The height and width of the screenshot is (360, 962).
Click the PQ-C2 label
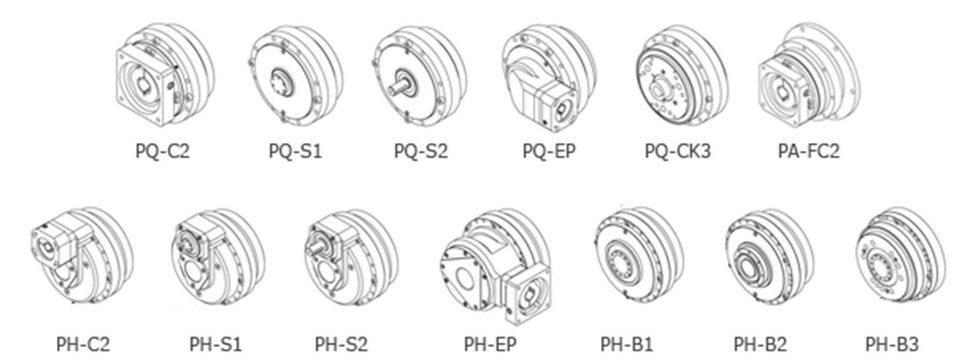pyautogui.click(x=162, y=152)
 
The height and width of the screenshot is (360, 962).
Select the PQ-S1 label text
pyautogui.click(x=295, y=152)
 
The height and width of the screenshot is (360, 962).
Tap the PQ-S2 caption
pyautogui.click(x=421, y=152)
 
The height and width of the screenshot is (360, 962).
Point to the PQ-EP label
pyautogui.click(x=549, y=152)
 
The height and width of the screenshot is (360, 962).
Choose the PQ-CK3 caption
pyautogui.click(x=678, y=152)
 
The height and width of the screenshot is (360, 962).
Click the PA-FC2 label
pyautogui.click(x=808, y=152)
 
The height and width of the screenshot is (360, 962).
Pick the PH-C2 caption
pyautogui.click(x=84, y=344)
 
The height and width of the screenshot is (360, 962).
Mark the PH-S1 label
pyautogui.click(x=215, y=344)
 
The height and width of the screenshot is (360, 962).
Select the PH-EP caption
pyautogui.click(x=490, y=344)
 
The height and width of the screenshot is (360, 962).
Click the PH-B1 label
pyautogui.click(x=627, y=344)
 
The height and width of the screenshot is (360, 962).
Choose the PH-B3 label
pyautogui.click(x=892, y=344)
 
